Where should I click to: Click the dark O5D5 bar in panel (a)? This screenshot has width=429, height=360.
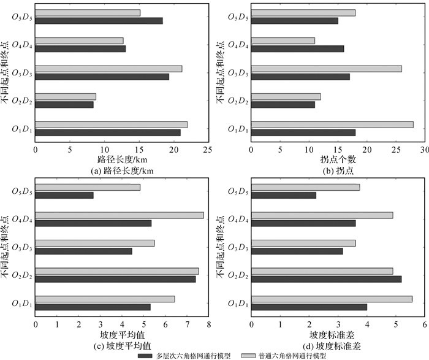pos(99,20)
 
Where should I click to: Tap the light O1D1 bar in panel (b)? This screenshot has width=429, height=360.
pos(332,124)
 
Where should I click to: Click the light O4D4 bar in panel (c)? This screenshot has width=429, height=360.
pos(119,215)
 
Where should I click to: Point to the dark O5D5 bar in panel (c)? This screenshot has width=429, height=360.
pos(64,195)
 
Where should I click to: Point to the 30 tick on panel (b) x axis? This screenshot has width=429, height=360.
pos(424,148)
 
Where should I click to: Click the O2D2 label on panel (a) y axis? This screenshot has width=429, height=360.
pos(23,101)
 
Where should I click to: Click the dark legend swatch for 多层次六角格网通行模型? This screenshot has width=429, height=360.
pos(145,354)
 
